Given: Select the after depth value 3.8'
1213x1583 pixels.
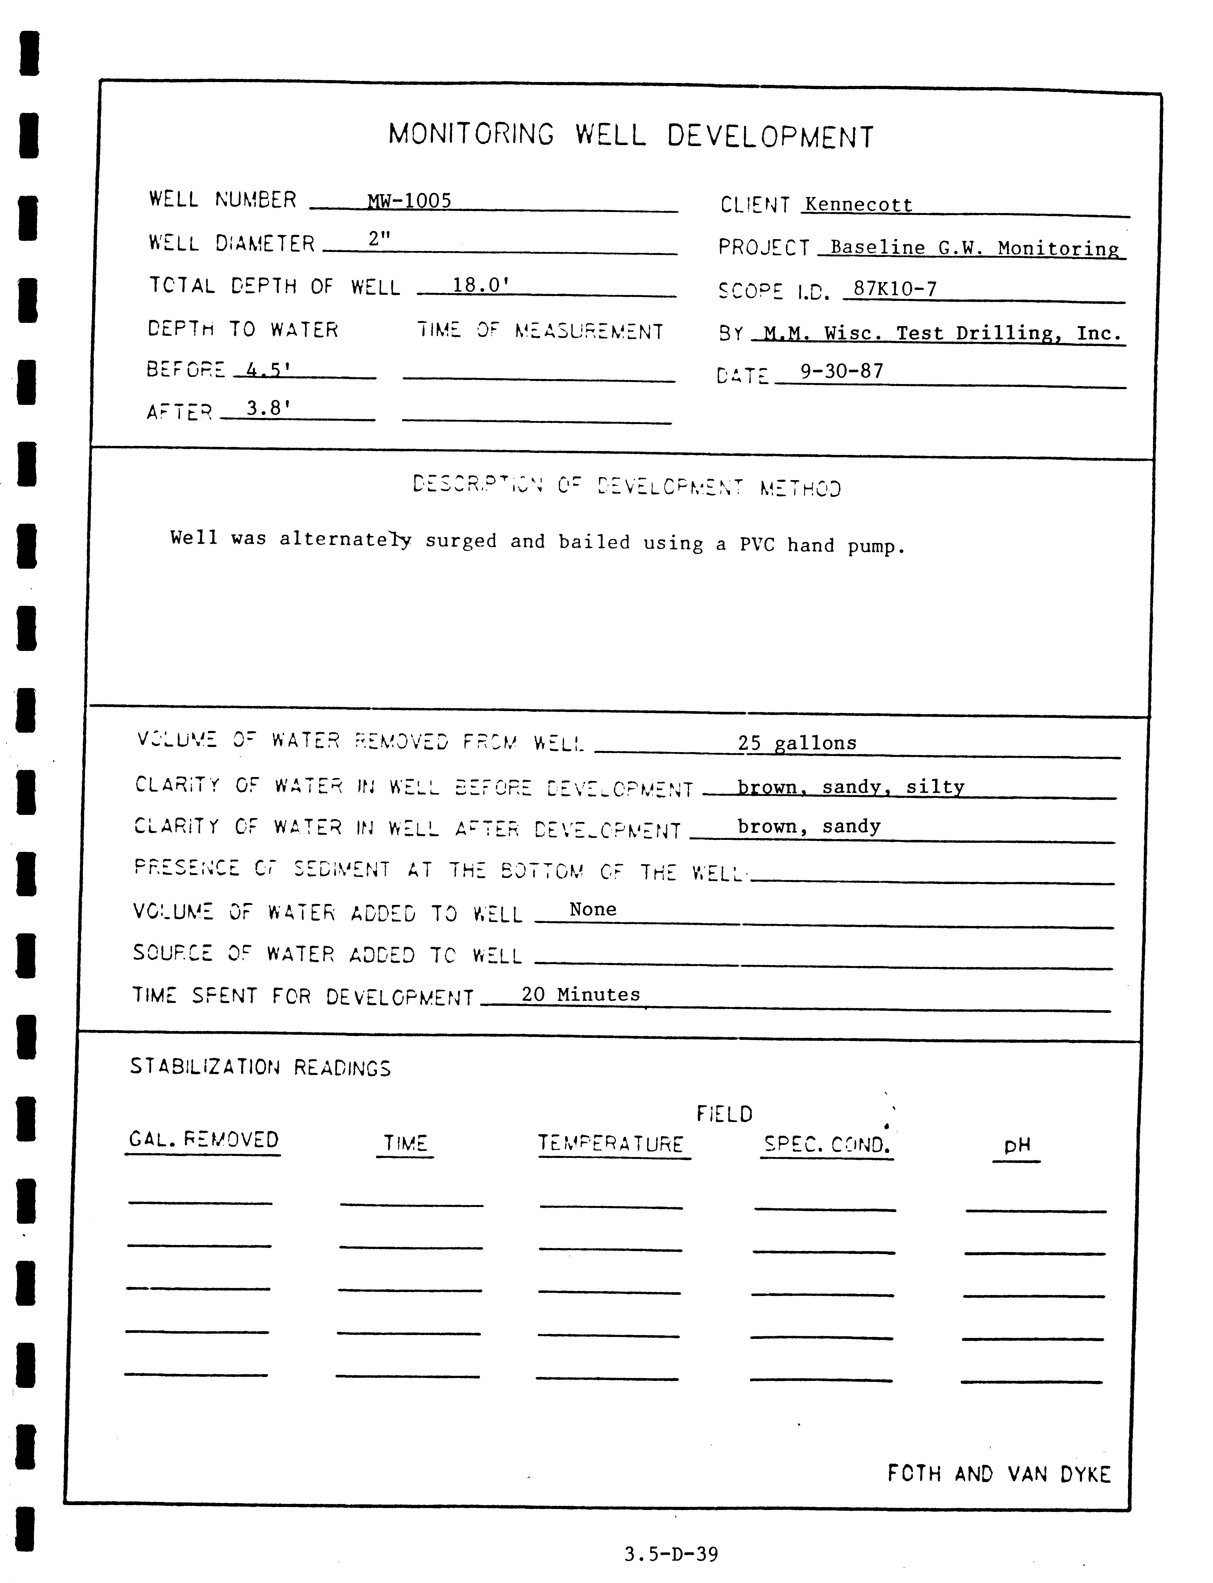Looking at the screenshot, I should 268,409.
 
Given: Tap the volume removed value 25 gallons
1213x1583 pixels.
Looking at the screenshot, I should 797,743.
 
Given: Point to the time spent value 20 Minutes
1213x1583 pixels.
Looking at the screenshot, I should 580,994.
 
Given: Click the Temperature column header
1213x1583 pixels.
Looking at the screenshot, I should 611,1144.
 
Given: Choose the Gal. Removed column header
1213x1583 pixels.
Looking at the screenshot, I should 203,1140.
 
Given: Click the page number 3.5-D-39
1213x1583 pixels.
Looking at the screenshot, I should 671,1554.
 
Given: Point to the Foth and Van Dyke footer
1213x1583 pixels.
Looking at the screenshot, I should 999,1473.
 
